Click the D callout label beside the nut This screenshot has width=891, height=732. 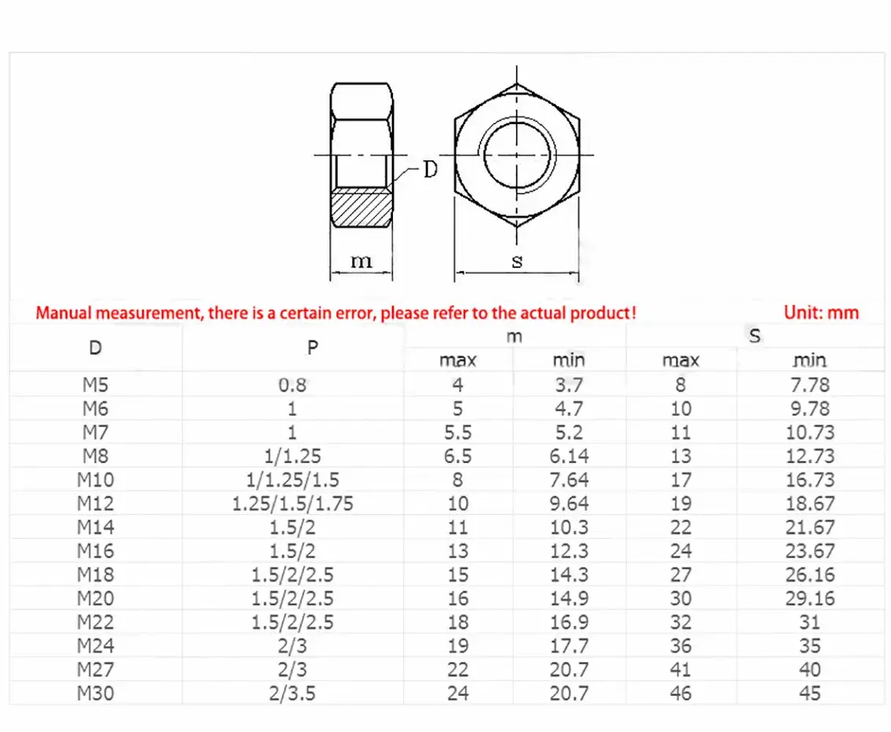point(430,168)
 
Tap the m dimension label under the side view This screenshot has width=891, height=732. point(361,260)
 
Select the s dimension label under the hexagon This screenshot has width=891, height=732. point(516,261)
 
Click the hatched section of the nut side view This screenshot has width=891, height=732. point(361,208)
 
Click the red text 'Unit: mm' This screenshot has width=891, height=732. point(821,312)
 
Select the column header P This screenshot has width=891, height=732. point(313,348)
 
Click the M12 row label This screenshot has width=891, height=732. point(96,503)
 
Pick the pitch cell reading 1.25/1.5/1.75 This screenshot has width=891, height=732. point(292,503)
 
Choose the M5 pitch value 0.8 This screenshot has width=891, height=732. point(292,384)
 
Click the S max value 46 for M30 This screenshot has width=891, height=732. point(680,693)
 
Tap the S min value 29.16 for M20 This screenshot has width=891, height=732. point(809,598)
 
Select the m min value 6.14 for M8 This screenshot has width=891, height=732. point(569,456)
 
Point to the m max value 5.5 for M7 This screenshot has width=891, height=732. point(457,432)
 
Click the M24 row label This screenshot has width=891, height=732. point(96,646)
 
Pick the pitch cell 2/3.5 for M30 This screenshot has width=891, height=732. point(292,693)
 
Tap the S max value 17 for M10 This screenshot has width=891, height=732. point(680,480)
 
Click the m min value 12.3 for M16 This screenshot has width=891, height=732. point(569,551)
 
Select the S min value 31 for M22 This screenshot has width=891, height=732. point(809,622)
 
